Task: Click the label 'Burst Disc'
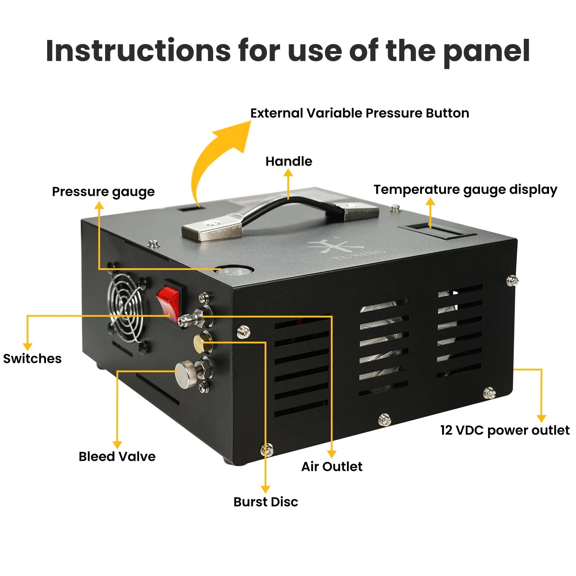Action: (x=266, y=502)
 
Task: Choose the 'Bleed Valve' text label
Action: (x=117, y=456)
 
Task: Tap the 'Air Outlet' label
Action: (x=332, y=467)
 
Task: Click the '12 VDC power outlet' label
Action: (x=505, y=430)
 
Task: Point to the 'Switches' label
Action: (x=32, y=359)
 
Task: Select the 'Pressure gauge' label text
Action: (x=103, y=192)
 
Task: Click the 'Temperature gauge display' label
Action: (x=465, y=190)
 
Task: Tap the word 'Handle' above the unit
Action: (x=289, y=161)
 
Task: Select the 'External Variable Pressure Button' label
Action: (x=360, y=113)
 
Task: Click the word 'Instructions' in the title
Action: (x=138, y=50)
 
